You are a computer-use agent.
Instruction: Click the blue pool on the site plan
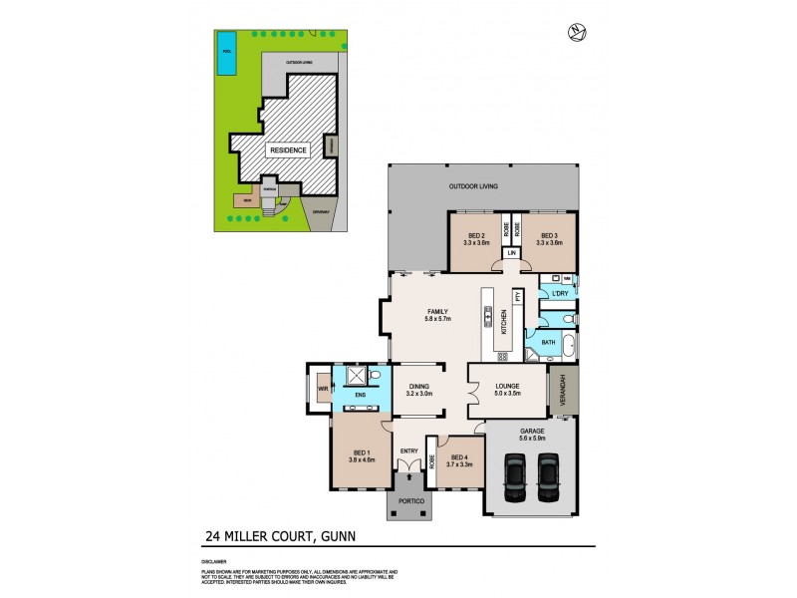point(227,59)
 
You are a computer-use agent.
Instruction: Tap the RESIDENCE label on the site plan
point(287,149)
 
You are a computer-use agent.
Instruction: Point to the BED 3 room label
point(549,237)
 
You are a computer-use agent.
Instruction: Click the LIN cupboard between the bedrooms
point(511,254)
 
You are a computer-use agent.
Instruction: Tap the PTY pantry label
point(518,296)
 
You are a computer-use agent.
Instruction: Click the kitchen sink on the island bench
point(489,318)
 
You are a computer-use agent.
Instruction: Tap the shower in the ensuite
point(354,377)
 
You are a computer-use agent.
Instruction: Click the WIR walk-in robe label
point(323,389)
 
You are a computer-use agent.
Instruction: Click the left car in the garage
point(515,477)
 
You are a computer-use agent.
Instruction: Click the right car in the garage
point(548,477)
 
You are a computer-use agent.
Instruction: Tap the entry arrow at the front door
point(408,478)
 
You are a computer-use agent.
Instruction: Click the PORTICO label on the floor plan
point(410,499)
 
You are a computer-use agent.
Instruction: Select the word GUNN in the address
point(337,535)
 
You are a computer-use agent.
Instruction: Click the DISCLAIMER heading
point(212,562)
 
